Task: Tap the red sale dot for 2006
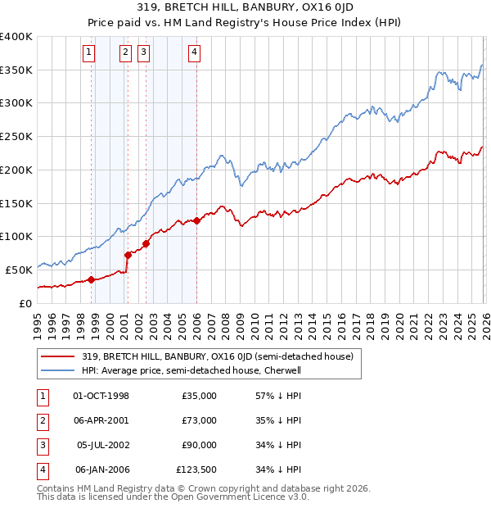point(197,220)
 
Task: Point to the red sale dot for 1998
point(91,279)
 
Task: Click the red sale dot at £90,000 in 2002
point(146,243)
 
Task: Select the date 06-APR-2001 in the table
point(101,420)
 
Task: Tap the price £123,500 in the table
point(196,469)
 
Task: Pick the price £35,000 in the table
point(200,396)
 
